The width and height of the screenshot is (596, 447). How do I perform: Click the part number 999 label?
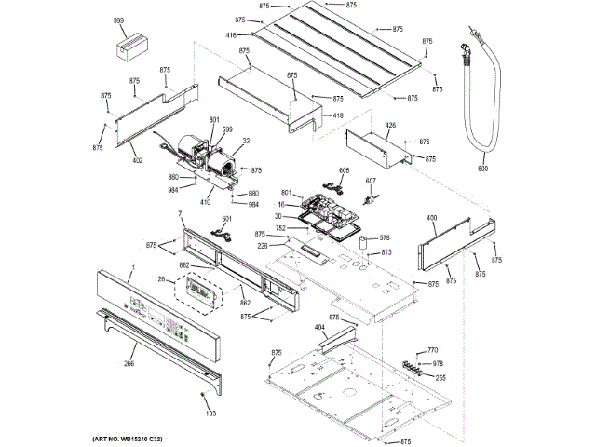pyautogui.click(x=118, y=20)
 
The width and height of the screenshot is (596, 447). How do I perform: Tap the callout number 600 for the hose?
pyautogui.click(x=482, y=169)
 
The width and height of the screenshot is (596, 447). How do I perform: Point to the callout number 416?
pyautogui.click(x=230, y=35)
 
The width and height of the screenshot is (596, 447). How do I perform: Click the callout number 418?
pyautogui.click(x=338, y=115)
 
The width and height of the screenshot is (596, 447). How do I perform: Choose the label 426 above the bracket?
pyautogui.click(x=390, y=125)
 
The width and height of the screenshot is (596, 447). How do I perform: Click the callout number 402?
pyautogui.click(x=138, y=160)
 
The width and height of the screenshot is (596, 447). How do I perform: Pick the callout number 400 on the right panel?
pyautogui.click(x=431, y=219)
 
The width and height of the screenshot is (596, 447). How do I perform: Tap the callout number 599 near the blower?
pyautogui.click(x=227, y=129)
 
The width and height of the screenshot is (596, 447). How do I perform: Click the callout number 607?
pyautogui.click(x=370, y=181)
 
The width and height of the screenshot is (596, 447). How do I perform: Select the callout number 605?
pyautogui.click(x=344, y=170)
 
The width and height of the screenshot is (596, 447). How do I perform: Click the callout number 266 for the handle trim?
pyautogui.click(x=129, y=363)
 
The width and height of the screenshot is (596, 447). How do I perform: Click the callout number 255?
pyautogui.click(x=440, y=377)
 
